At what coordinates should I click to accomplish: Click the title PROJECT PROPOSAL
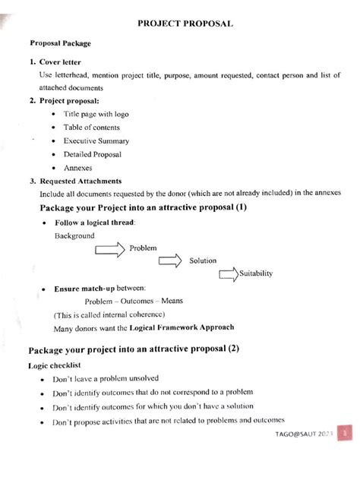pyautogui.click(x=185, y=24)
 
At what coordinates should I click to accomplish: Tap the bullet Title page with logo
pyautogui.click(x=96, y=113)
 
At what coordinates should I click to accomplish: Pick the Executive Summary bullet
pyautogui.click(x=96, y=141)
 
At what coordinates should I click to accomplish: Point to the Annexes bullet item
pyautogui.click(x=78, y=168)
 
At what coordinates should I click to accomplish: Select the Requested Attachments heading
pyautogui.click(x=79, y=182)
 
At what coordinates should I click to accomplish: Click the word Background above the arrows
pyautogui.click(x=74, y=235)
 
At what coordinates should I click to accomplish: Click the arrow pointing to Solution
pyautogui.click(x=171, y=261)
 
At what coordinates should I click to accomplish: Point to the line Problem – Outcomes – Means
pyautogui.click(x=128, y=302)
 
